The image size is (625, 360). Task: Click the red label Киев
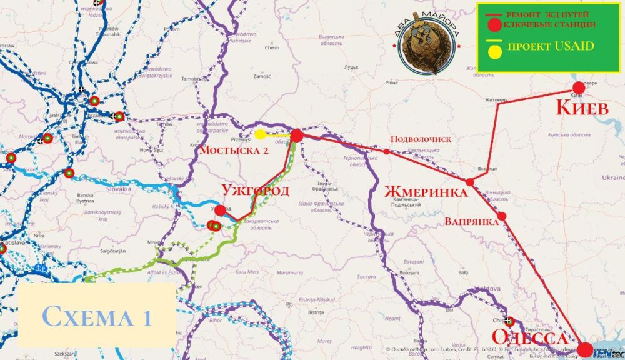[x=582, y=107]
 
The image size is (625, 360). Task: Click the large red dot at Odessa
[x=586, y=349]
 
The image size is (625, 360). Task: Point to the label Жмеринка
[x=425, y=191]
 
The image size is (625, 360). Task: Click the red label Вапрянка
[x=471, y=221]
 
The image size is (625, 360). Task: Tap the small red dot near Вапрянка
[x=502, y=216]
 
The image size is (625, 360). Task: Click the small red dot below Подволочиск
[x=387, y=151]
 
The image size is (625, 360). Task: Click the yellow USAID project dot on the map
[x=260, y=134]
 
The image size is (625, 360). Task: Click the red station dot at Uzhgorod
[x=220, y=210]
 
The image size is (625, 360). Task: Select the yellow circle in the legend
[x=494, y=49]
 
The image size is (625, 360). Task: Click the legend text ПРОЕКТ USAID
[x=551, y=47]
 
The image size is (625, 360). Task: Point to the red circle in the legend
[x=494, y=25]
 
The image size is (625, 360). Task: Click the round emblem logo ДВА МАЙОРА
[x=428, y=52]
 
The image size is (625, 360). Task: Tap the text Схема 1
[x=97, y=316]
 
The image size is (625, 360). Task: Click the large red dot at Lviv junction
[x=297, y=135]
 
